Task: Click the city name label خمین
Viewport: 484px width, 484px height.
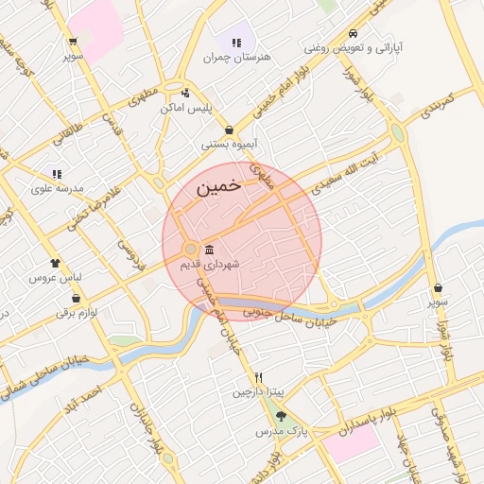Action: tap(218, 188)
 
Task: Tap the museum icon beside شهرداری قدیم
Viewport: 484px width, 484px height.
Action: tap(208, 250)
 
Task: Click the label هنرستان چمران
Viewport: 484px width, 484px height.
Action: tap(236, 57)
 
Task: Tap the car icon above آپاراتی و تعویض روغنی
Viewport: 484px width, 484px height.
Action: tap(352, 29)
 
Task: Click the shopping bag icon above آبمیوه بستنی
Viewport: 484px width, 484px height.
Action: tap(229, 130)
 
